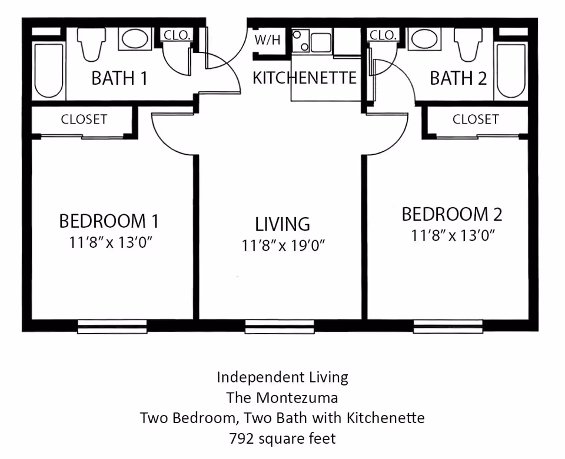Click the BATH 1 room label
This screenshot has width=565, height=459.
119,78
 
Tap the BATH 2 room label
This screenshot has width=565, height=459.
458,78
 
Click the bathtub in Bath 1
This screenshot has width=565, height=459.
48,70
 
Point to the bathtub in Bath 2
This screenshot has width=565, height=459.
511,70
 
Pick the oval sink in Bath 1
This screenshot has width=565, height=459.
136,39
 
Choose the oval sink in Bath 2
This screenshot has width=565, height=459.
423,39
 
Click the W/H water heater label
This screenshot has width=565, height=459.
267,41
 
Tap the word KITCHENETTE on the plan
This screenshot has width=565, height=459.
305,78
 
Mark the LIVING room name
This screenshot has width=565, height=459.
282,224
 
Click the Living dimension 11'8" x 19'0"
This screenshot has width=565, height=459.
283,245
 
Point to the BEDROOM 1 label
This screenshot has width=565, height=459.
109,221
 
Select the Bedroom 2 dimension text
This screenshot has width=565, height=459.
452,236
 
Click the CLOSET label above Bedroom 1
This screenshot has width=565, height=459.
84,119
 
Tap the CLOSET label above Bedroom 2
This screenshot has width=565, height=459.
476,119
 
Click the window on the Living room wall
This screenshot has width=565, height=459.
280,327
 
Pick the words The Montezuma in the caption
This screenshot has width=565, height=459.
282,397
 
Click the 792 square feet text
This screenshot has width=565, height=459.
282,438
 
